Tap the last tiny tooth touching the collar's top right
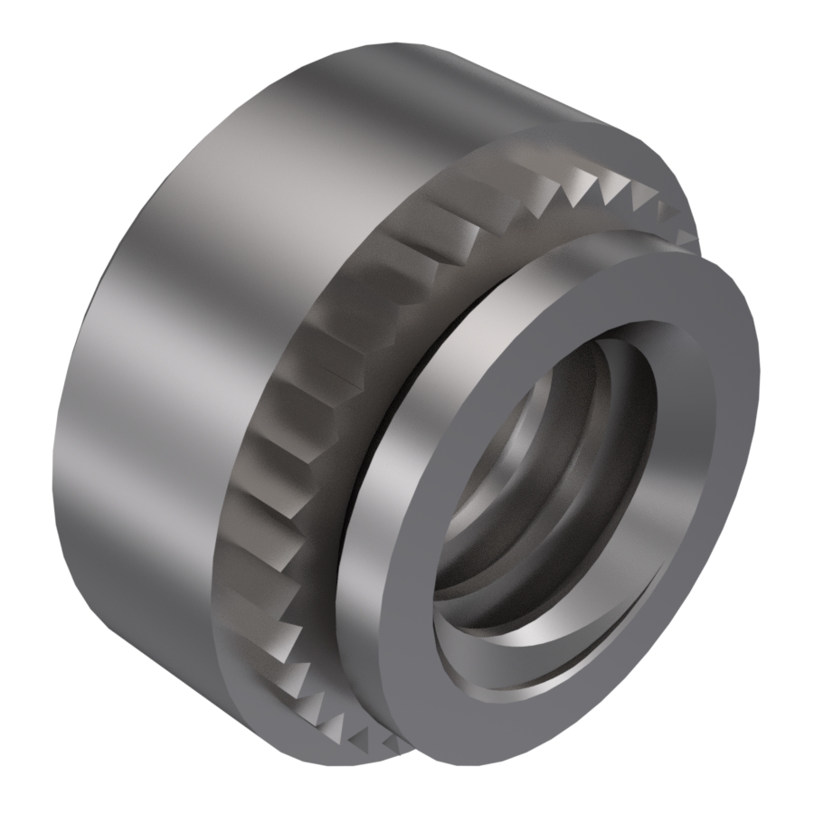pyautogui.click(x=687, y=238)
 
